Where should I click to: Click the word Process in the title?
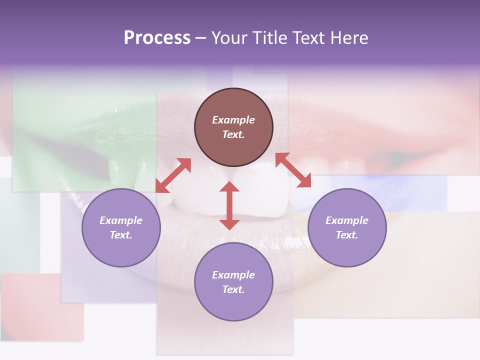[x=157, y=38]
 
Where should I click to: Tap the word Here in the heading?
[x=348, y=38]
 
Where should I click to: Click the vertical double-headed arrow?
[x=229, y=205]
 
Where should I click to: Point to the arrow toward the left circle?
[x=173, y=175]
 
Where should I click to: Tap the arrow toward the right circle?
[x=293, y=170]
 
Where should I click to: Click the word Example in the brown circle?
[x=233, y=120]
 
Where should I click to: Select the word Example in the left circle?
[x=121, y=220]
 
